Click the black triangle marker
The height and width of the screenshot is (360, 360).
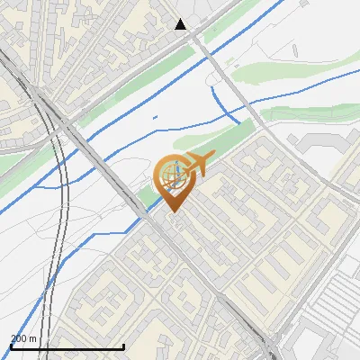coord(181,24)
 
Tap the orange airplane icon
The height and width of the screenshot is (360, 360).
coord(197,165)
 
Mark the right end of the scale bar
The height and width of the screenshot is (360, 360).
coord(123,347)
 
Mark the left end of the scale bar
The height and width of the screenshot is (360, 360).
coord(11,347)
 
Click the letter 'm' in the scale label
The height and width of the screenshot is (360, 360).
coord(33,338)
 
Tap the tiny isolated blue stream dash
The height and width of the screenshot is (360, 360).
coord(155,117)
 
